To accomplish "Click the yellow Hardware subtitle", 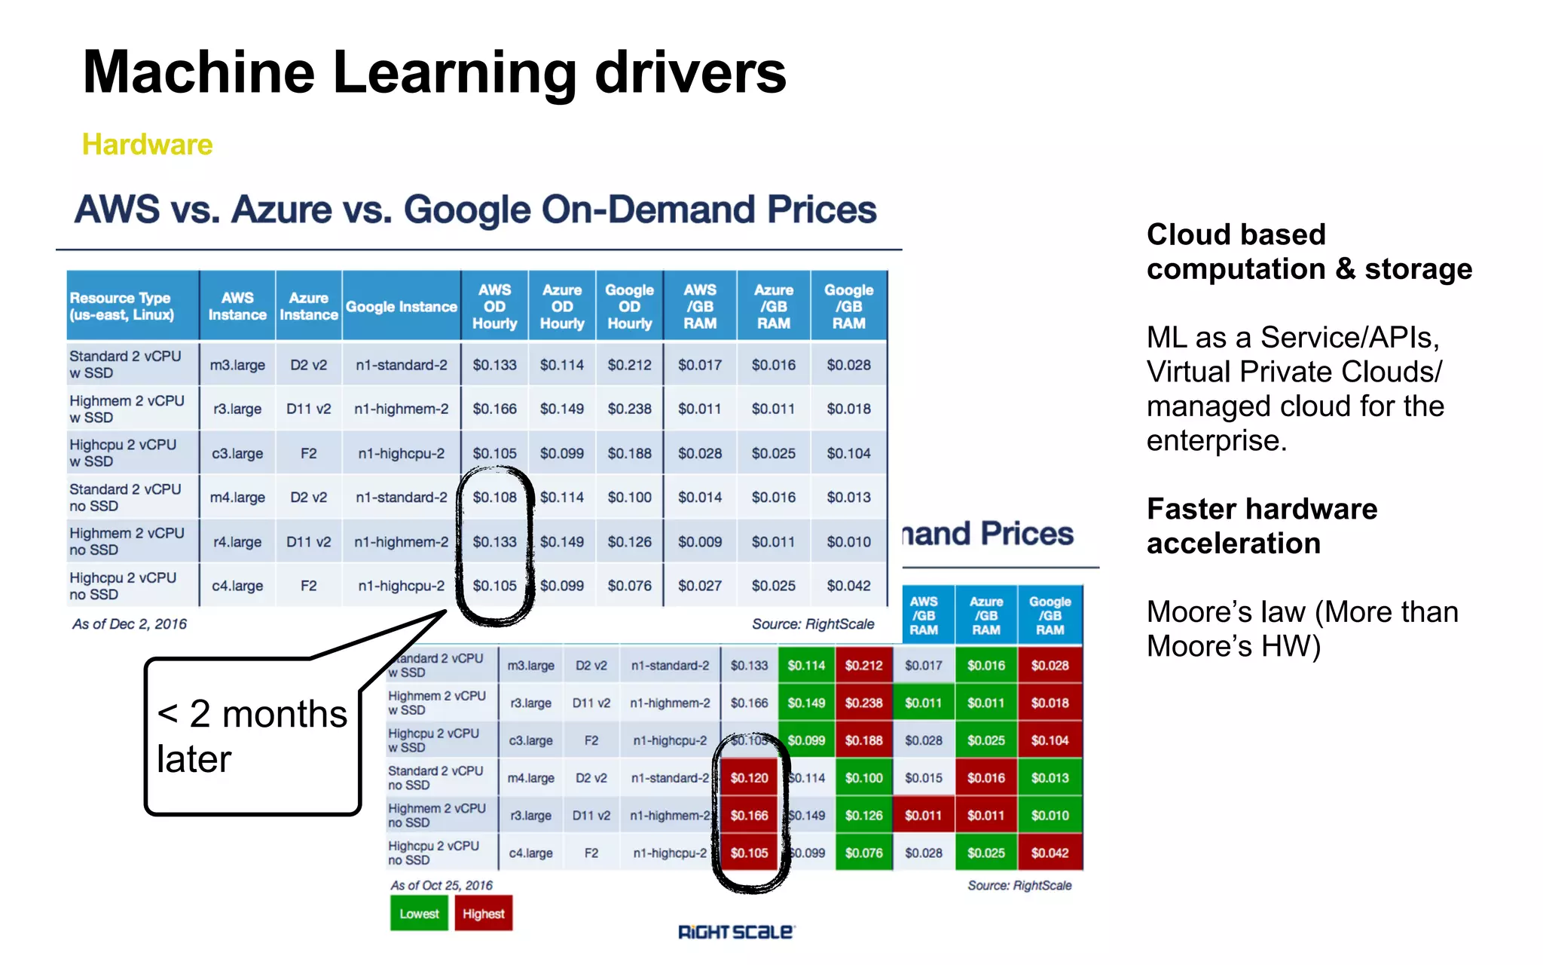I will click(147, 144).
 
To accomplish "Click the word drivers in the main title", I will click(690, 72).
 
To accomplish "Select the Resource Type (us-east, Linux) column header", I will click(121, 306).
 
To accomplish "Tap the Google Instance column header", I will click(401, 307).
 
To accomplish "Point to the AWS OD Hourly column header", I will click(494, 306).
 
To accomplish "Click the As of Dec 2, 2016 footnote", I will click(129, 623).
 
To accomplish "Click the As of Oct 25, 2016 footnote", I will click(441, 885).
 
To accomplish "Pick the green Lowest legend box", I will click(419, 914).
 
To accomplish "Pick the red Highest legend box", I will click(483, 914).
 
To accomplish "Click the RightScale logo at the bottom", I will click(735, 932).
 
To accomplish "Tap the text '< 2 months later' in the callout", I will click(252, 736).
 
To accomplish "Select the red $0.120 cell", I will click(749, 778).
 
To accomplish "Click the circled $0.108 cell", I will click(494, 498).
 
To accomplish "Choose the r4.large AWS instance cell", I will click(237, 541).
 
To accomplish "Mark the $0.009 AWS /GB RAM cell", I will click(699, 541).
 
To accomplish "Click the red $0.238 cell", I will click(863, 703).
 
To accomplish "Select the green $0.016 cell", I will click(985, 666).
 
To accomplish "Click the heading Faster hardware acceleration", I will click(1261, 525).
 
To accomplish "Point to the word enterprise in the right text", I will click(1216, 440).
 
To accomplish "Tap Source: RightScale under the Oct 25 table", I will click(1019, 885).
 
